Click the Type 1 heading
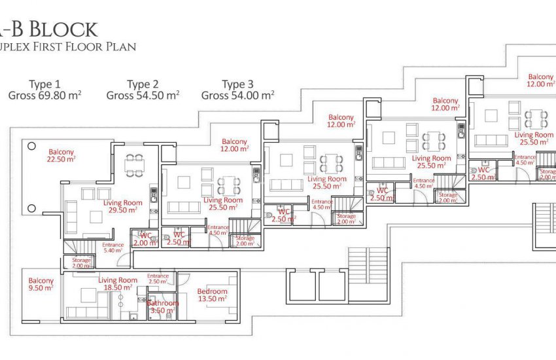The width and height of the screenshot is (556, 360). click(x=45, y=84)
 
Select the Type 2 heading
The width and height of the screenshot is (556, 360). click(x=143, y=84)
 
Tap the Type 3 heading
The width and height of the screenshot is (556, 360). click(x=237, y=84)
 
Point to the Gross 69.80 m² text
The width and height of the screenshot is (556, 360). click(x=45, y=96)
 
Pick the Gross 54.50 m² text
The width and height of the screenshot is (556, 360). click(x=143, y=96)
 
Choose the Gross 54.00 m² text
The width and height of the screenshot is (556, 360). click(x=237, y=96)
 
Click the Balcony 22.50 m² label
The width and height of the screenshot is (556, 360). click(x=61, y=155)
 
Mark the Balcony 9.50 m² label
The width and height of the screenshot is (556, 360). click(x=41, y=284)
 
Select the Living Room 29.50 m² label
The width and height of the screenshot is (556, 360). click(x=123, y=207)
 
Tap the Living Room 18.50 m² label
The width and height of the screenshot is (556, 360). click(x=118, y=283)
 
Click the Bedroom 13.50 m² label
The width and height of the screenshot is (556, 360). click(x=211, y=295)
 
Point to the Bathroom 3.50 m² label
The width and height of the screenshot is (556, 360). click(x=162, y=307)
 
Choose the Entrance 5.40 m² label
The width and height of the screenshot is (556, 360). click(x=114, y=247)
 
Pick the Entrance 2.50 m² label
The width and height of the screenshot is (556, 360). click(x=158, y=279)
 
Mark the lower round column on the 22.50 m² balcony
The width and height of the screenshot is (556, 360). click(x=30, y=209)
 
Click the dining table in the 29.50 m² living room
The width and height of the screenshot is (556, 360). click(x=135, y=165)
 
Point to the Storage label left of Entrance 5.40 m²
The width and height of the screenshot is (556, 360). click(x=81, y=263)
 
